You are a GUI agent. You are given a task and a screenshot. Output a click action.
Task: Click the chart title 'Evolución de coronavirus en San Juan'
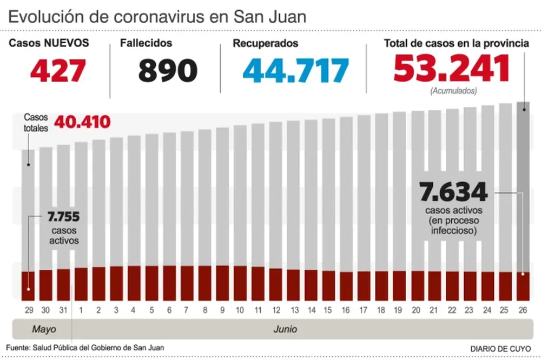click(157, 16)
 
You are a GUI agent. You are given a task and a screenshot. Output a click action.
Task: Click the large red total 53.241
click(452, 69)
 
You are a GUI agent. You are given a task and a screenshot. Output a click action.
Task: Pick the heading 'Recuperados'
click(265, 43)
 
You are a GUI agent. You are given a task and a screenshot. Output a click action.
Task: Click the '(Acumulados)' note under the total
click(453, 91)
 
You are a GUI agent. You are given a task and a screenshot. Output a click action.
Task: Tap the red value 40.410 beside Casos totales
click(82, 122)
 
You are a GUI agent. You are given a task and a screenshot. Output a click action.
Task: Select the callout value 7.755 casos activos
click(64, 217)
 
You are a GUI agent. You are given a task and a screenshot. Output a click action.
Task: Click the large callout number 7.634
click(453, 192)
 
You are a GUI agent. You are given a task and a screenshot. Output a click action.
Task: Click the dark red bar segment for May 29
click(28, 286)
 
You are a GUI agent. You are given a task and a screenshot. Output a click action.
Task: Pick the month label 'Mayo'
click(44, 329)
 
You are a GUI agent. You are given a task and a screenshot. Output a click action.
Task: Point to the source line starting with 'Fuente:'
click(85, 348)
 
